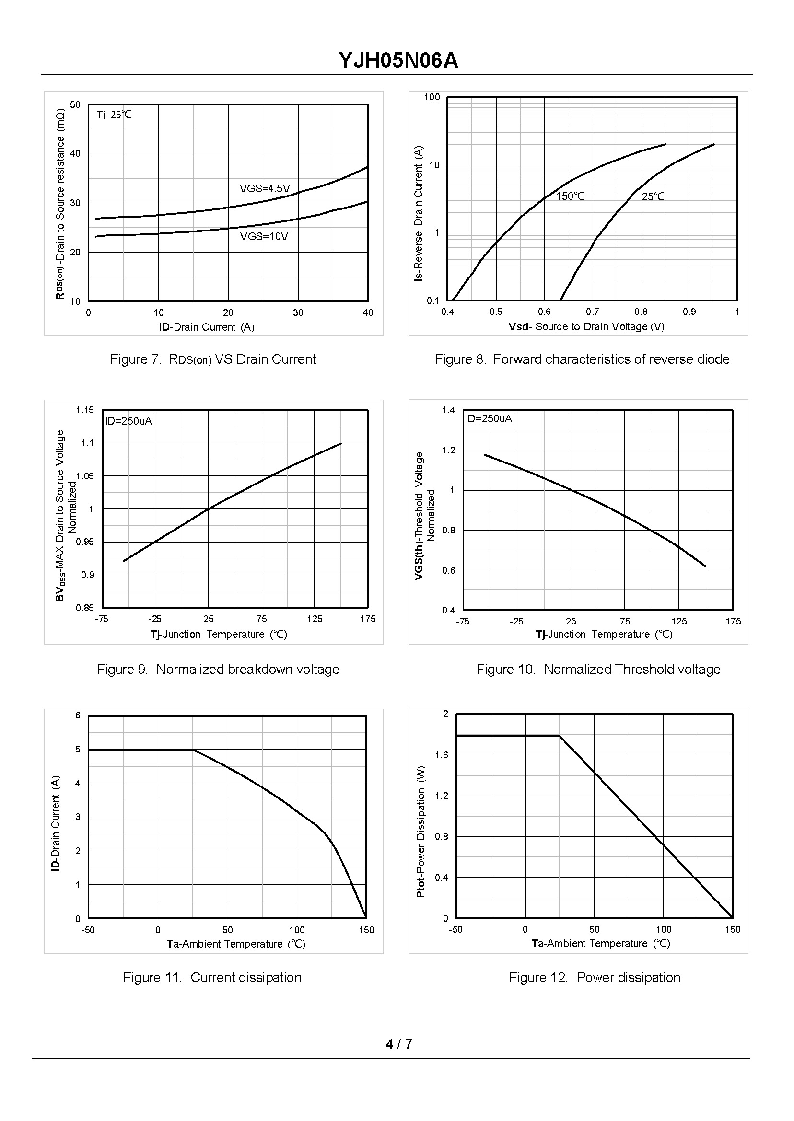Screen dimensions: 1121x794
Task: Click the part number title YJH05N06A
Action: (x=398, y=61)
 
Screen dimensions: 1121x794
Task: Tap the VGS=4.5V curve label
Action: (x=265, y=189)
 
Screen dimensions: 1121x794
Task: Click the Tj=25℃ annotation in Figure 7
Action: (x=115, y=115)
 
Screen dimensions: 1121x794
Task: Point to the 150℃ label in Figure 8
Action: (x=570, y=196)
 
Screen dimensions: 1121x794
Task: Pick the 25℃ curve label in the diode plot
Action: (x=653, y=196)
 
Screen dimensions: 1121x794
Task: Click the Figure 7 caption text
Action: (x=213, y=359)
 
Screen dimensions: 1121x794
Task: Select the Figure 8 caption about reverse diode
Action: (x=582, y=359)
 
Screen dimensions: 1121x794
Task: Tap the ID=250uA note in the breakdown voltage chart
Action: (x=129, y=421)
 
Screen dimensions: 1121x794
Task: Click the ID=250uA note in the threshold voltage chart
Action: (x=489, y=418)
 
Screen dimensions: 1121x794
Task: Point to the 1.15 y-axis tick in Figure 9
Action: (x=84, y=410)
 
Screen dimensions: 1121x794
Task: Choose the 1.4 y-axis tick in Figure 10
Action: (x=448, y=410)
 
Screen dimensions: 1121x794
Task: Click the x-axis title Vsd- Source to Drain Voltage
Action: (x=586, y=326)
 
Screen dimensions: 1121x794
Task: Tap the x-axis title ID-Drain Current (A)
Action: (x=206, y=327)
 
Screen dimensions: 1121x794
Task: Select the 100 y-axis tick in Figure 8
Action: (x=432, y=97)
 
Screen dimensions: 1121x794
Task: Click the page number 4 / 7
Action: (x=398, y=1044)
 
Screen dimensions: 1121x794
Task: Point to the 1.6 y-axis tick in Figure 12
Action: (x=442, y=755)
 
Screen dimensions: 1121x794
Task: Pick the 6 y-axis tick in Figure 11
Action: (x=78, y=716)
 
